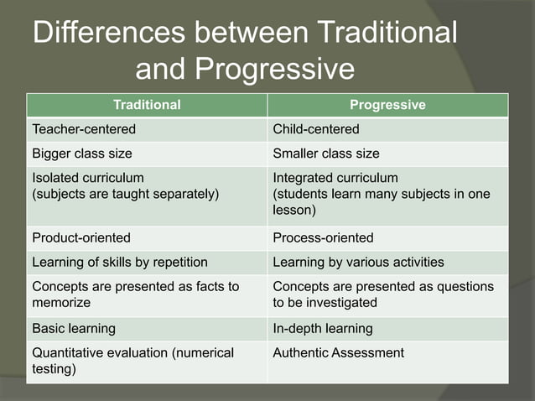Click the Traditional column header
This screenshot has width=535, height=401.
(147, 105)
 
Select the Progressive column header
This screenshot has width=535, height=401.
(387, 105)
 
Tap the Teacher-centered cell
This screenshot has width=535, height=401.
(84, 129)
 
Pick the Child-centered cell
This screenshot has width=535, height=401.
(316, 129)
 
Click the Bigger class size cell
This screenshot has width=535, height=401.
(82, 154)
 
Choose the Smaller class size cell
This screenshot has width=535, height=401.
(326, 154)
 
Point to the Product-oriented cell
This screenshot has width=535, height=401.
(81, 237)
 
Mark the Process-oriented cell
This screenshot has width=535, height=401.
(323, 237)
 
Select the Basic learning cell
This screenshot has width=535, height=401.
(74, 328)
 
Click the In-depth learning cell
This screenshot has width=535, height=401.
(323, 328)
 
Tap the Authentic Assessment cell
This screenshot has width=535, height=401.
(339, 352)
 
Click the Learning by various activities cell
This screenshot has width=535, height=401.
(359, 262)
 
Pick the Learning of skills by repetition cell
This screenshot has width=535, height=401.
(120, 262)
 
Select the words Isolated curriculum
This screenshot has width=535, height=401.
(88, 178)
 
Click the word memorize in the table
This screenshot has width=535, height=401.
(61, 302)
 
